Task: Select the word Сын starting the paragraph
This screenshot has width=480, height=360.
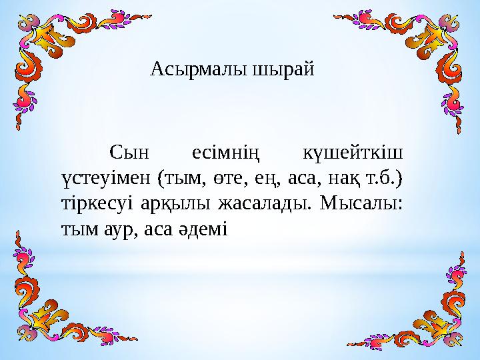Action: tap(130, 155)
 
